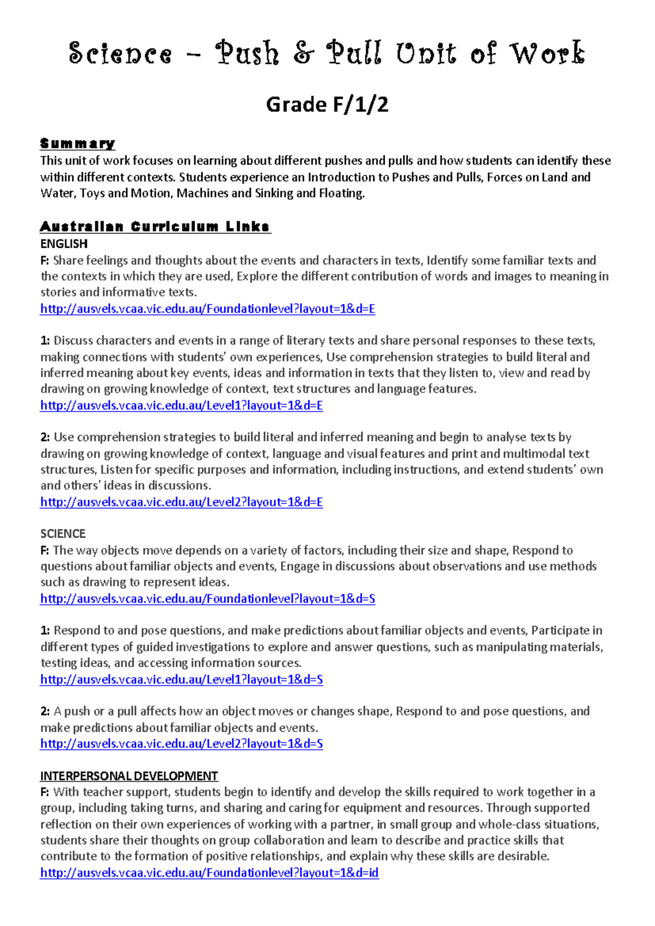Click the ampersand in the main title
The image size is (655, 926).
pos(303,54)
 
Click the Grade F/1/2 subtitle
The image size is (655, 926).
pos(327,104)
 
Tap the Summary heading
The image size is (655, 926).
pos(77,144)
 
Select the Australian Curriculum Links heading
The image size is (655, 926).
pos(155,227)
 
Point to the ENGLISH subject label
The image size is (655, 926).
pos(64,244)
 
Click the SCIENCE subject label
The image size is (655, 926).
pos(63,533)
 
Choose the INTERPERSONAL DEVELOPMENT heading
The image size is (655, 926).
pos(129,776)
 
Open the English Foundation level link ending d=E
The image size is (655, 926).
pos(207,309)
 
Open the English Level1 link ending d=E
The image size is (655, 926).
pos(181,406)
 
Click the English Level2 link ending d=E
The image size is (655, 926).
pos(181,502)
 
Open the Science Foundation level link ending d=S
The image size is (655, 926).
pos(207,599)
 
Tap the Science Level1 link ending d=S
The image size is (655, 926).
pos(181,680)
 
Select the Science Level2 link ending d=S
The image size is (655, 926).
pos(181,744)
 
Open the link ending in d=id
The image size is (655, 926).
pos(209,872)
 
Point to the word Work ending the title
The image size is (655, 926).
pos(547,54)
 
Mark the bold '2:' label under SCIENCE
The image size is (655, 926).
pos(45,711)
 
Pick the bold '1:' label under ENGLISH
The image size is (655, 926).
pos(45,341)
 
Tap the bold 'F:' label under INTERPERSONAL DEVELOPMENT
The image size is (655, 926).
pos(45,792)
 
